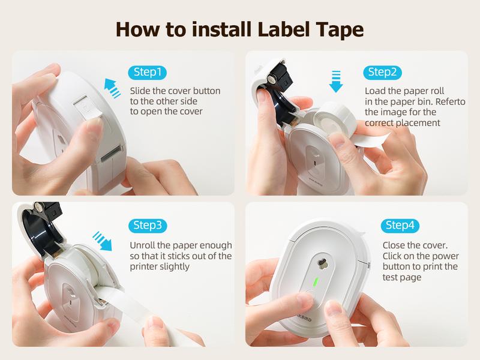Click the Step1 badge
click(x=147, y=73)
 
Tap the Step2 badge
click(x=382, y=73)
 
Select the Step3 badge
click(x=147, y=226)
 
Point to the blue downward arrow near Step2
click(x=336, y=80)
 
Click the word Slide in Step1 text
click(x=140, y=91)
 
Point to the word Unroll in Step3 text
click(x=143, y=245)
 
